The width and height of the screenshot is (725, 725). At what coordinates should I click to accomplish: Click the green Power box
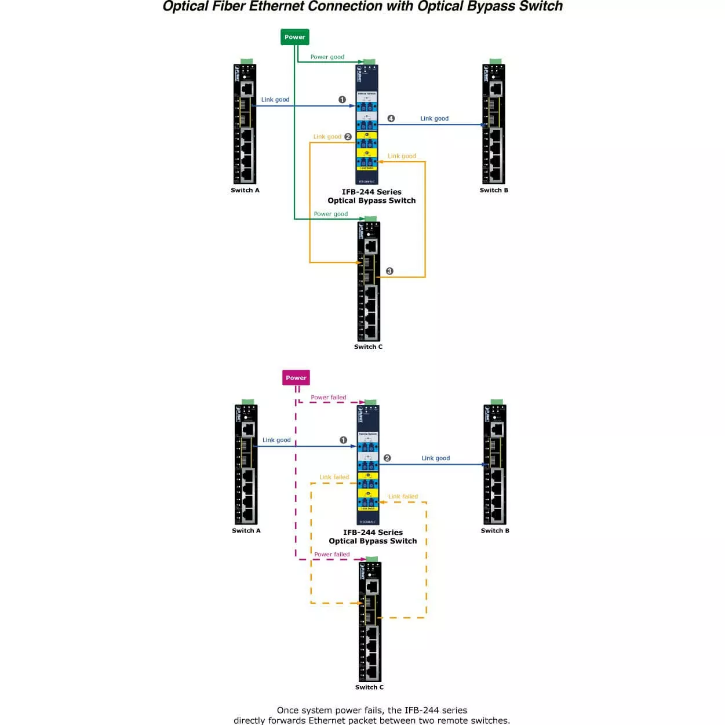point(294,37)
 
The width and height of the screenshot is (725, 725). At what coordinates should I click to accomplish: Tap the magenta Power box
point(296,378)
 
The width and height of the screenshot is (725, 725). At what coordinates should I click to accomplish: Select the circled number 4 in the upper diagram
point(391,118)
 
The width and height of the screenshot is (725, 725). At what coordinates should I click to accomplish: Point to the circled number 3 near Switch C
point(389,271)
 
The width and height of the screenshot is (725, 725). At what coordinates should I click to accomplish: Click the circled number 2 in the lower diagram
point(387,458)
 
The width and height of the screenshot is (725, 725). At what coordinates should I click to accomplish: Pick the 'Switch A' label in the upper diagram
point(245,190)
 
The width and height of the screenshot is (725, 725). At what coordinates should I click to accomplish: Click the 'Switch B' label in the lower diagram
point(495,530)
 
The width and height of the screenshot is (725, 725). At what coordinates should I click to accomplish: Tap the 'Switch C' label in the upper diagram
point(369,347)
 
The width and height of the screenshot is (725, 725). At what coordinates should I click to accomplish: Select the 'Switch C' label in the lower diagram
point(369,687)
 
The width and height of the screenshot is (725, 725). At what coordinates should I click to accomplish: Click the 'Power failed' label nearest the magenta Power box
point(328,398)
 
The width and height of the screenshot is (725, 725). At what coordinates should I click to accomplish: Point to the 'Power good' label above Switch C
point(330,214)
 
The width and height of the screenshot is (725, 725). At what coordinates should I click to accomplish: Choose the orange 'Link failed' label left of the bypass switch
point(334,477)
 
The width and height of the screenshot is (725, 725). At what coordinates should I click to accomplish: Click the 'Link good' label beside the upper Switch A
point(275,100)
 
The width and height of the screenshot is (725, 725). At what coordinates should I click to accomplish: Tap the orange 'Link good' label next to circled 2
point(327,137)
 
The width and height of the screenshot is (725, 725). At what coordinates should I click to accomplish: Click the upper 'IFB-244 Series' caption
point(371,192)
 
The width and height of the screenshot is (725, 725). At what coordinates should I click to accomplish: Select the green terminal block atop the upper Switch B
point(496,61)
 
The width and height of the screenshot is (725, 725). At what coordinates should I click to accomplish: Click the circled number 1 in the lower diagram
point(343,440)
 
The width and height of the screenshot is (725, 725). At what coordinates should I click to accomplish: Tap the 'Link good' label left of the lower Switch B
point(435,458)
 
